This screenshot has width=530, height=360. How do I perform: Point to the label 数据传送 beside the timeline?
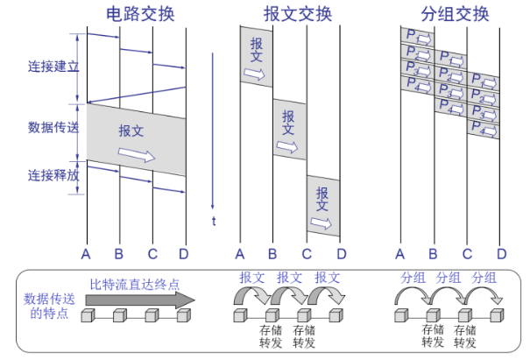click(53, 127)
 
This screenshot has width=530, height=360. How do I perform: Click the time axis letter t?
click(213, 221)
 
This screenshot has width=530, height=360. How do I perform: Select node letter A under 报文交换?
click(240, 254)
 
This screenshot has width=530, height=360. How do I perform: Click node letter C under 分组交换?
click(468, 254)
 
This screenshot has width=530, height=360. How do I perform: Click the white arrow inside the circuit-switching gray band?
click(136, 155)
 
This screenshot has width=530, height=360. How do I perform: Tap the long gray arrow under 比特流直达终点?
click(140, 300)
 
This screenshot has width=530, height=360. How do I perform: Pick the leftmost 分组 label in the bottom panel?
click(413, 278)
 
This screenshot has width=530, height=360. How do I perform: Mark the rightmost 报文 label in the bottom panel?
click(328, 278)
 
